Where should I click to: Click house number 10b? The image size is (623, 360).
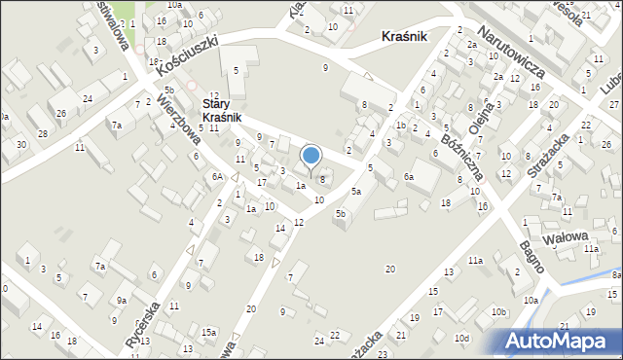pos(498,311)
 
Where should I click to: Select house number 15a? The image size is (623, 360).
pos(208,332)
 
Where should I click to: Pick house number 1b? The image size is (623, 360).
pos(400,126)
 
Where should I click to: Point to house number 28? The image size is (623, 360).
pos(42,132)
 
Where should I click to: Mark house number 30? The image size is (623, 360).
pos(21,145)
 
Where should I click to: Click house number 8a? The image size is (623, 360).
pos(616,275)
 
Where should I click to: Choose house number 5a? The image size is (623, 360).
pos(356,192)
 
